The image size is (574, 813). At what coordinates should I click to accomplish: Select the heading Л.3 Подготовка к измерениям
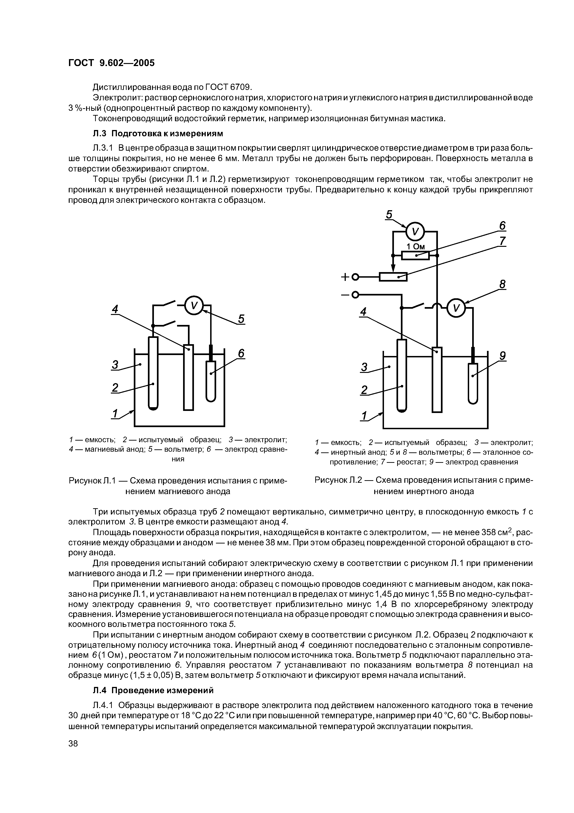[158, 133]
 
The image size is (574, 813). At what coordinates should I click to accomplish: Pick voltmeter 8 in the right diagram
[456, 309]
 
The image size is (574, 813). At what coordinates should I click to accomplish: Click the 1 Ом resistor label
[415, 246]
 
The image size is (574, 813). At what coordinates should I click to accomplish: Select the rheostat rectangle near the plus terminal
[393, 276]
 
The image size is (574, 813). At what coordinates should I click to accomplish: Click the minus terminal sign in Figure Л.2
[345, 294]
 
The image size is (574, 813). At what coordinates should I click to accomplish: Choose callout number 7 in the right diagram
[502, 241]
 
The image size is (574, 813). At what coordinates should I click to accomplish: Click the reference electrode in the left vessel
[211, 381]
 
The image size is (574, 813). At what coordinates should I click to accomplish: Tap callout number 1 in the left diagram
[115, 414]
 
